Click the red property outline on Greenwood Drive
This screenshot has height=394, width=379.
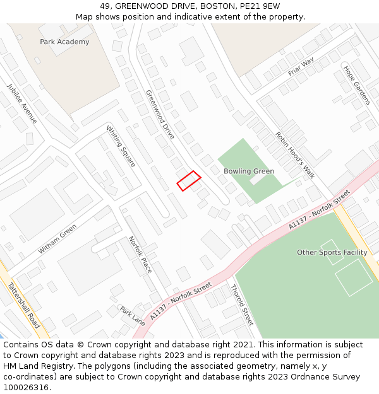[188, 180]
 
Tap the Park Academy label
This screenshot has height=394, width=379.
[64, 42]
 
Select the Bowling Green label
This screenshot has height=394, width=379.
[249, 171]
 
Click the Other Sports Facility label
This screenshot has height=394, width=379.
[332, 253]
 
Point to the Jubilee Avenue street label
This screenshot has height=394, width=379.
[22, 103]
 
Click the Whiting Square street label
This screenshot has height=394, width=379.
[121, 146]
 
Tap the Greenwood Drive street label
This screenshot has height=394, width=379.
[160, 114]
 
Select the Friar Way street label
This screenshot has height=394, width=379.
[301, 66]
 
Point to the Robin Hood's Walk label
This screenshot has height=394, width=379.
[295, 155]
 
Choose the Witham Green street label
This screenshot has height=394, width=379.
[57, 240]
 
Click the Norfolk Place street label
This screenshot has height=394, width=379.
[140, 254]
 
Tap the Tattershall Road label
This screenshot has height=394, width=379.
[24, 305]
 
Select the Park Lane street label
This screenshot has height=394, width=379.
[133, 316]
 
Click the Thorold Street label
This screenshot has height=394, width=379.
[243, 304]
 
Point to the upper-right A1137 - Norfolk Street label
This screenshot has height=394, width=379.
[319, 209]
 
